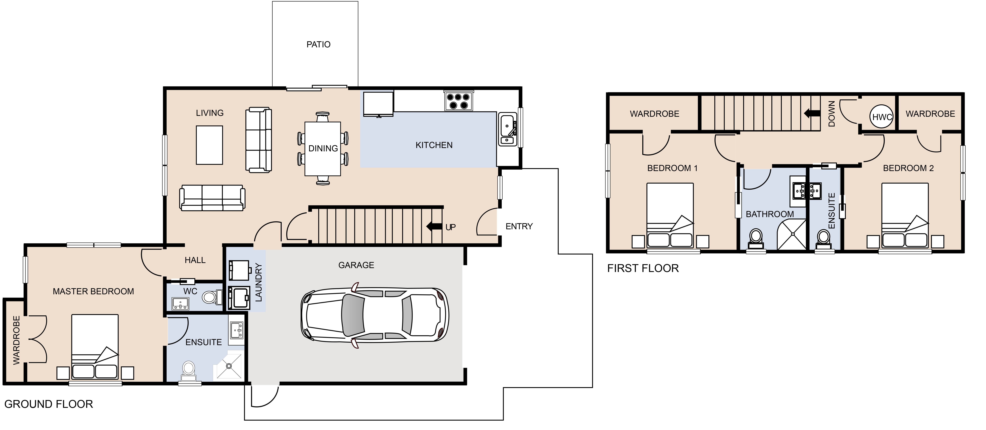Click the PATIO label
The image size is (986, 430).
(318, 44)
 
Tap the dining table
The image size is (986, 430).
(323, 149)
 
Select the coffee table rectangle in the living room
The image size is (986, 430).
(209, 145)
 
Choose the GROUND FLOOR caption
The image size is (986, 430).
(49, 404)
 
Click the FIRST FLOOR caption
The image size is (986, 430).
(643, 268)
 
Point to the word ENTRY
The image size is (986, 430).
(519, 226)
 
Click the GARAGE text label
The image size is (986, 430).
(356, 265)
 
